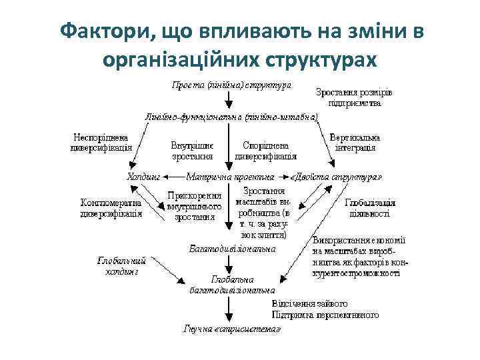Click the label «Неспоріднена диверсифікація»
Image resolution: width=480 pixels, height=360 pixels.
tap(101, 143)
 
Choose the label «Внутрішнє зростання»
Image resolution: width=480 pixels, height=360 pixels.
tap(192, 150)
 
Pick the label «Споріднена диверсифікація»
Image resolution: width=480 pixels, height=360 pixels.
tap(265, 150)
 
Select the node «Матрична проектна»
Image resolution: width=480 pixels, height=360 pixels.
tap(231, 177)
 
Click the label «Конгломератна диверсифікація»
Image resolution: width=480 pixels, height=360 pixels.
tap(111, 208)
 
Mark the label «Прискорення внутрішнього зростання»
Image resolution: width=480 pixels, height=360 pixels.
tap(194, 206)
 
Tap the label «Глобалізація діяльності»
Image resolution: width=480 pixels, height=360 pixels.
tap(370, 208)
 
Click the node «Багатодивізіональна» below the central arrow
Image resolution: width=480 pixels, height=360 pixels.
tap(232, 249)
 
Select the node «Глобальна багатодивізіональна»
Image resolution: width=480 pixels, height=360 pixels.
tap(232, 285)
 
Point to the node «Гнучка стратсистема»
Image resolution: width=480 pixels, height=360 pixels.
tap(232, 329)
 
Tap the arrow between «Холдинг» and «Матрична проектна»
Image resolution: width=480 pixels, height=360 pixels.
tap(173, 177)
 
